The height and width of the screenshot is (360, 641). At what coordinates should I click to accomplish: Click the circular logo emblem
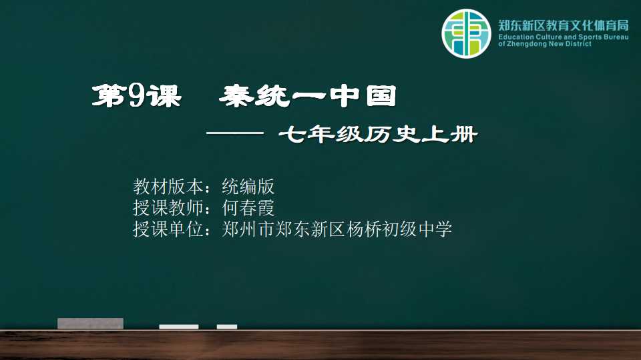466,33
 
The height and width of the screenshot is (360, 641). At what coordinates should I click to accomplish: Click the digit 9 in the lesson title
136,96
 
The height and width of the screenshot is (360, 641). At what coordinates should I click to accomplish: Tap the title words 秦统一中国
308,96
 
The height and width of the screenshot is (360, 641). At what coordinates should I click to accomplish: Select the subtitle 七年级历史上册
378,134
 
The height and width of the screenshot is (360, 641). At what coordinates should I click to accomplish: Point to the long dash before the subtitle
235,133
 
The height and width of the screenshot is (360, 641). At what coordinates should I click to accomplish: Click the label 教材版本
168,187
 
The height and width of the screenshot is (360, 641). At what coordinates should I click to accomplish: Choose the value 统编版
248,187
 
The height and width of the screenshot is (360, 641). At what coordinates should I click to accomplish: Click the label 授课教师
168,208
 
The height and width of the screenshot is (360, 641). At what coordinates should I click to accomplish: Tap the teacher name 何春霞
248,208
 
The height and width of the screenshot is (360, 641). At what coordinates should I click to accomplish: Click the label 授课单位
168,229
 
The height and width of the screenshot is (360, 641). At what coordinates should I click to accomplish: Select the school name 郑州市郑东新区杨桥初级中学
337,229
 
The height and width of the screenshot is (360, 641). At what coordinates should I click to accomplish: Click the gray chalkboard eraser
90,323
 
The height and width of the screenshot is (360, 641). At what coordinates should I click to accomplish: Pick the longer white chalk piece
179,327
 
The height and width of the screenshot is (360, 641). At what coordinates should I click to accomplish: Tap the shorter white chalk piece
227,327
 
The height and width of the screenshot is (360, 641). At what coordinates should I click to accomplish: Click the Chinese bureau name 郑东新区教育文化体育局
564,25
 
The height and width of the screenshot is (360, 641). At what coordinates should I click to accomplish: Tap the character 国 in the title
381,96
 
